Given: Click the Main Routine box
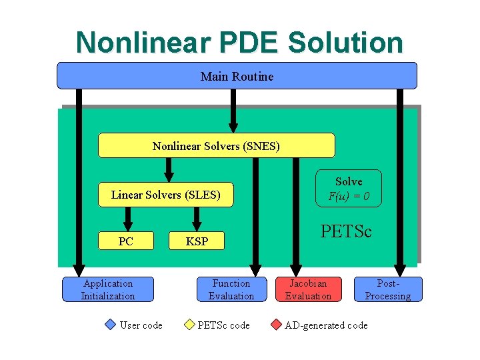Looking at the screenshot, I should [x=237, y=76].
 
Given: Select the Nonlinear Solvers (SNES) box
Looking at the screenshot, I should [x=216, y=145].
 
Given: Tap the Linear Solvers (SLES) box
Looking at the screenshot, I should [x=166, y=195].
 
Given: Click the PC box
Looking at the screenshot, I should [x=126, y=241].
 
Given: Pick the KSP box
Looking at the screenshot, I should [x=197, y=241].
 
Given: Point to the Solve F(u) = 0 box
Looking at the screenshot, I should [x=349, y=189].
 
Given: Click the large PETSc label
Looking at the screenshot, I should [x=346, y=231].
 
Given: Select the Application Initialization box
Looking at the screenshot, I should [x=108, y=289].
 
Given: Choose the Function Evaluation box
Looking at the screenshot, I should [x=231, y=289].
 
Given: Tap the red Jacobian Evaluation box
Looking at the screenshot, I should [x=308, y=289].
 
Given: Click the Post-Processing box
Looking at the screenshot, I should [x=388, y=289].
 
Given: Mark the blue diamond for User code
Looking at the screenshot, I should [x=111, y=325].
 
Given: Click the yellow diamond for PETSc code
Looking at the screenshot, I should [x=189, y=325].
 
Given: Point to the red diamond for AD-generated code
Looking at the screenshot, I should [x=276, y=325].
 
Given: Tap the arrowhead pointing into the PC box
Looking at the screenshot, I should [x=128, y=225].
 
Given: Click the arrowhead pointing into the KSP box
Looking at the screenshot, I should [x=197, y=225].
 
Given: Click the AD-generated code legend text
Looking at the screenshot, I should [x=326, y=325].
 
